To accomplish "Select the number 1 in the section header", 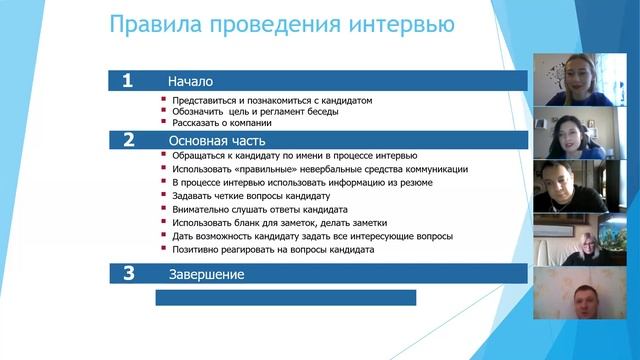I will (127, 81).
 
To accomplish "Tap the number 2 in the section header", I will (127, 140).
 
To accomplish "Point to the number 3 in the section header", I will (127, 273).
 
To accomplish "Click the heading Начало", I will (190, 82).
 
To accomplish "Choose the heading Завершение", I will (206, 274).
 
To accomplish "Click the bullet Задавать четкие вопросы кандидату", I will (251, 196).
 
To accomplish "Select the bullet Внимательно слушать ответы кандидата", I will (259, 210).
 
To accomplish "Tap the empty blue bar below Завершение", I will (285, 297).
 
